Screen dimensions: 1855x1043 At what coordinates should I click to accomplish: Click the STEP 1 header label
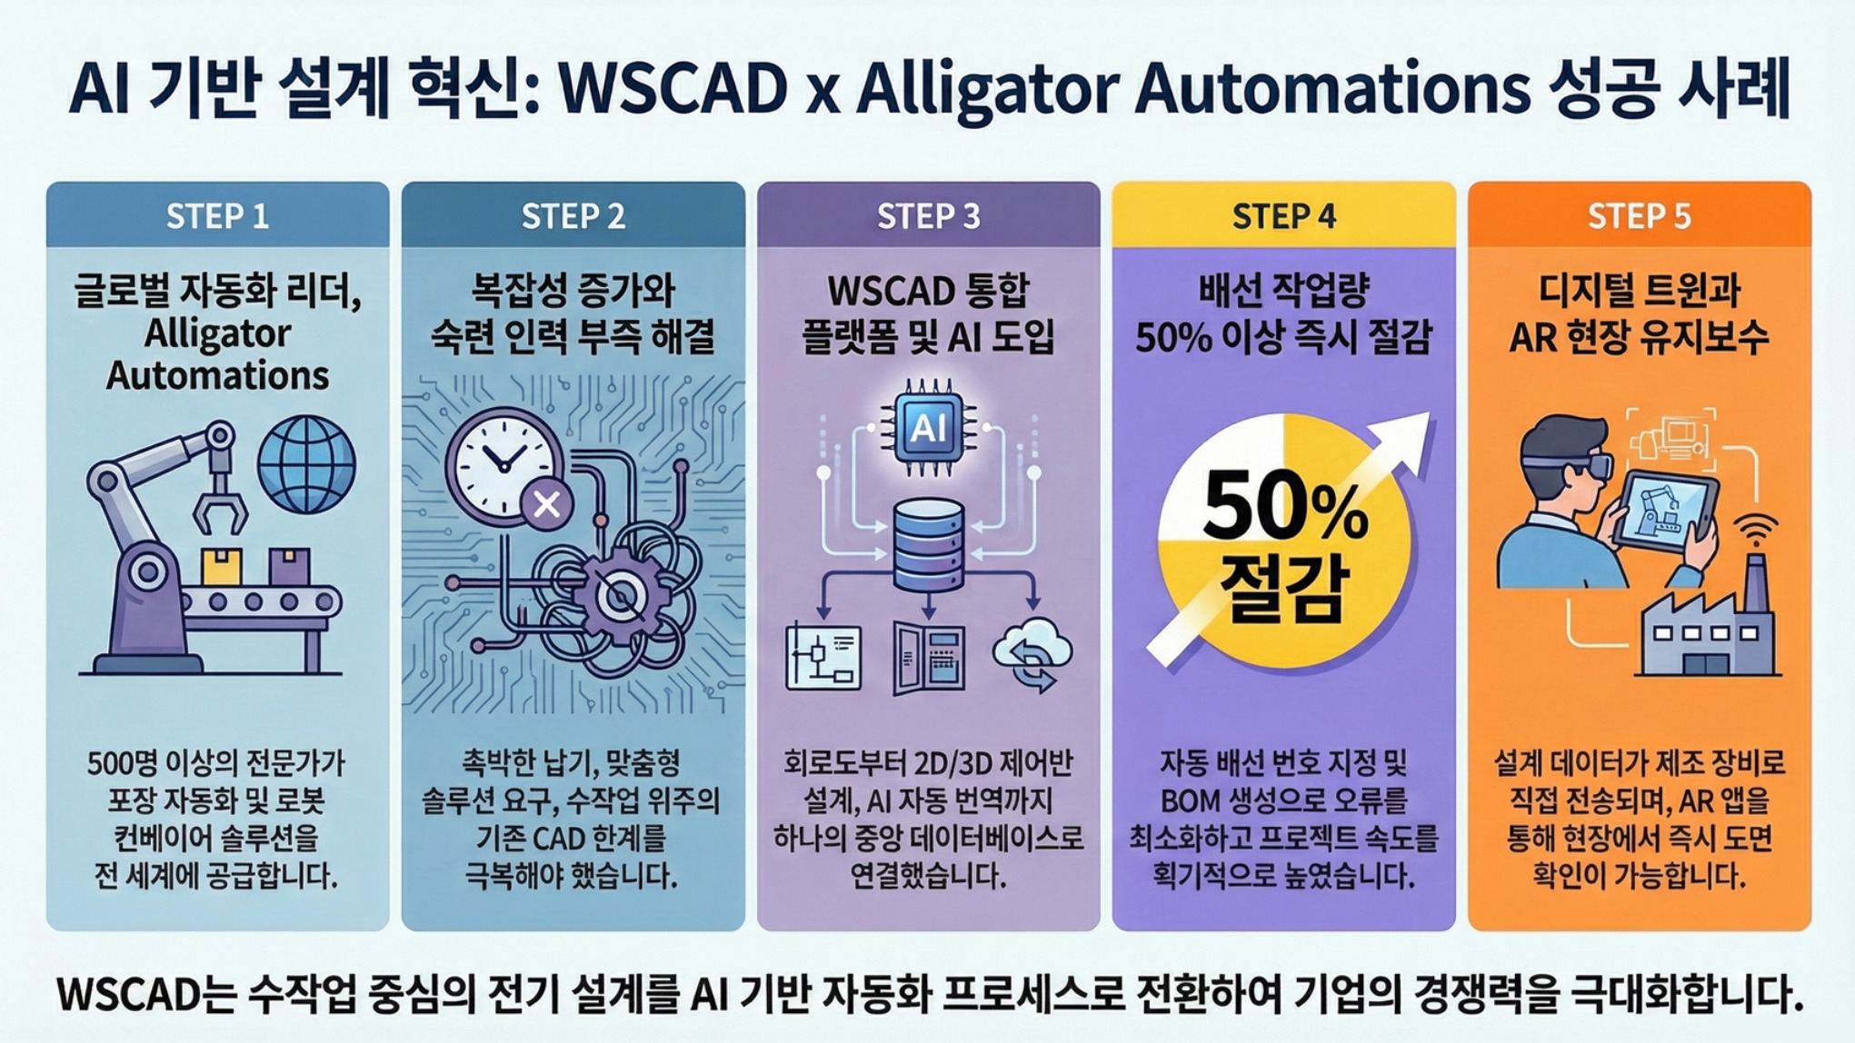tap(217, 216)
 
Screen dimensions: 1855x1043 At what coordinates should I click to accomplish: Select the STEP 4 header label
tap(1283, 216)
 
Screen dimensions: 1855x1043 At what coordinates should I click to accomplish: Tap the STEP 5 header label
tap(1639, 216)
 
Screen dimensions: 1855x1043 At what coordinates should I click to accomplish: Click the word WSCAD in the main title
tap(673, 89)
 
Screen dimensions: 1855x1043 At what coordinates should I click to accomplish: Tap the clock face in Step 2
tap(503, 466)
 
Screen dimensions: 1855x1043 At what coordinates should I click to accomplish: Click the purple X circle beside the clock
tap(546, 504)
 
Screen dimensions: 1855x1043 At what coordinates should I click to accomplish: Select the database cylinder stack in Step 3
tap(928, 545)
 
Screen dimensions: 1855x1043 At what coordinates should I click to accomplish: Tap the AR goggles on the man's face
tap(1573, 466)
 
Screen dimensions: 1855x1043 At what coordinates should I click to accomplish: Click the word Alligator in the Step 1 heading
tap(217, 334)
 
